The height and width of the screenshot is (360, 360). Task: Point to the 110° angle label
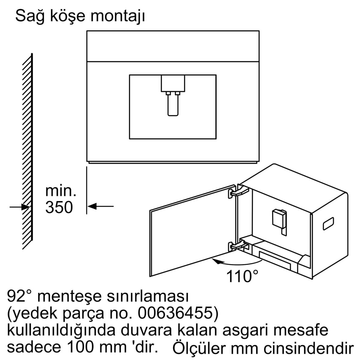(242, 276)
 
